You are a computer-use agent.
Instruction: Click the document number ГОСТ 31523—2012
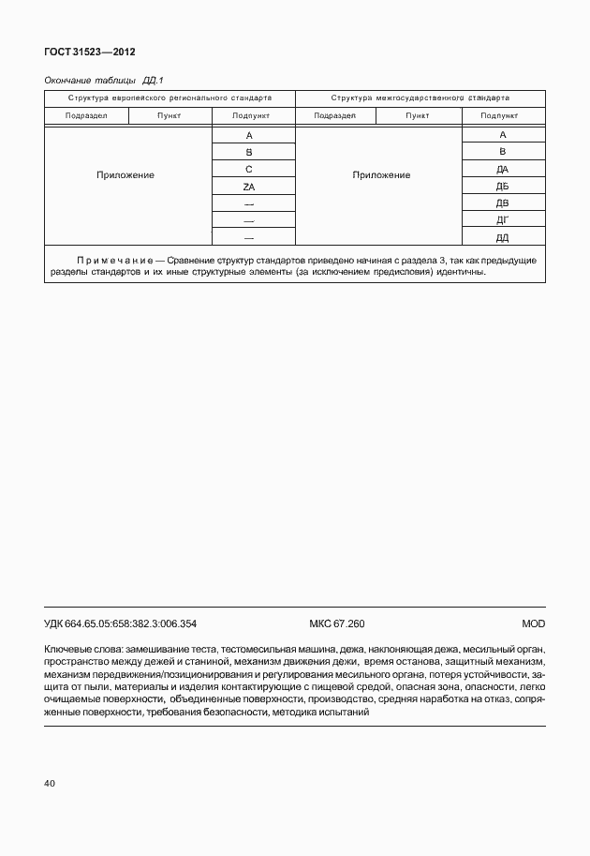[82, 53]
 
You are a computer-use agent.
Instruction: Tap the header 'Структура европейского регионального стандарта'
[170, 98]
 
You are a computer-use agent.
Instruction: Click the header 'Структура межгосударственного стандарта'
[420, 98]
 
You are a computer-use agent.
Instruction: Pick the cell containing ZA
[249, 187]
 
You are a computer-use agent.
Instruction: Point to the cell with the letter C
[249, 170]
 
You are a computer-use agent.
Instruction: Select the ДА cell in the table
[502, 170]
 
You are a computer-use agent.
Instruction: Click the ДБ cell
[502, 187]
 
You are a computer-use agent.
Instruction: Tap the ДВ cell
[502, 203]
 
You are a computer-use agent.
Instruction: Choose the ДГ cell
[502, 220]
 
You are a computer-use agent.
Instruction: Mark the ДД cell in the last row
[502, 237]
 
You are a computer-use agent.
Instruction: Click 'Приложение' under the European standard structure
[125, 175]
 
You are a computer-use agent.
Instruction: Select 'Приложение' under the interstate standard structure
[381, 175]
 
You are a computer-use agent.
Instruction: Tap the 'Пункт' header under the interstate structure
[418, 115]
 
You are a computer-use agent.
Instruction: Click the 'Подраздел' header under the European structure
[86, 115]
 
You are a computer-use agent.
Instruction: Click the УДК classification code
[120, 623]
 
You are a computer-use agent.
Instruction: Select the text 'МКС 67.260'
[336, 623]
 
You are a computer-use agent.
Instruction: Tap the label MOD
[533, 623]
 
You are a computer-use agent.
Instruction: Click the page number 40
[50, 782]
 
